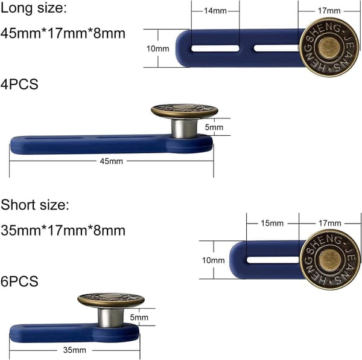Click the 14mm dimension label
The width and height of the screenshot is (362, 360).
215,11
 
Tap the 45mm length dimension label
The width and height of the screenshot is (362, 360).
111,161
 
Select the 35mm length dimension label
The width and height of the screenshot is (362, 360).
75,350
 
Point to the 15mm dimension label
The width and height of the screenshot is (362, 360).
272,223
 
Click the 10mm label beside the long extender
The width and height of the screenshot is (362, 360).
157,48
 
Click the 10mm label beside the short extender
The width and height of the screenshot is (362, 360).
214,260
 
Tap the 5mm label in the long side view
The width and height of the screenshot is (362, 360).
214,127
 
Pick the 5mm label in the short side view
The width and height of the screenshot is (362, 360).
139,317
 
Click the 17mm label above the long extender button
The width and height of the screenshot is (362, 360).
329,11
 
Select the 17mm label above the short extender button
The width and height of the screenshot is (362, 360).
330,223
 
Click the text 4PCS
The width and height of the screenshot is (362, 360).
19,84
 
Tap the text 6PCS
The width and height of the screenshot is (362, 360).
19,281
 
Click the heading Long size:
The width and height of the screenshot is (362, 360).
33,8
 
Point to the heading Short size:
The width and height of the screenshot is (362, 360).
34,205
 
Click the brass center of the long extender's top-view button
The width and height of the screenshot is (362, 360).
329,48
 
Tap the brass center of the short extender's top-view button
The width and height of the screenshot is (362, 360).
329,260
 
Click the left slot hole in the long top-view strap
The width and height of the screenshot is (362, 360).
215,48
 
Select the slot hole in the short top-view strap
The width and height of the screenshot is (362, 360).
274,260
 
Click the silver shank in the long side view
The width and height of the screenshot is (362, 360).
184,128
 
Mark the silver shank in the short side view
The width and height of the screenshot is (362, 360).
110,318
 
